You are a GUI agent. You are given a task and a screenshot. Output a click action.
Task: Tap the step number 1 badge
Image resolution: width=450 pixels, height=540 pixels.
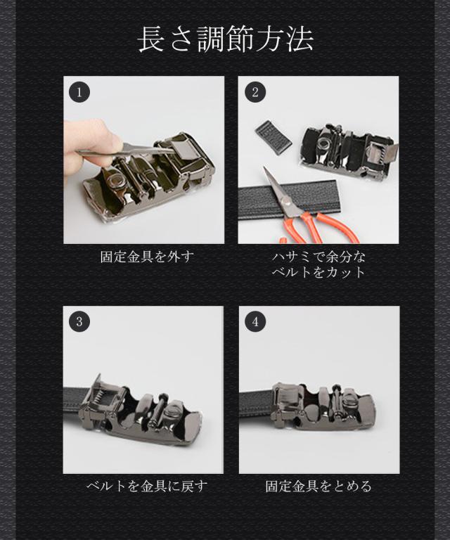tap(79, 92)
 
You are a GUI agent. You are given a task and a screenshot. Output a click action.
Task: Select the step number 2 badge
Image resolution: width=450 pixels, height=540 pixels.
tap(255, 92)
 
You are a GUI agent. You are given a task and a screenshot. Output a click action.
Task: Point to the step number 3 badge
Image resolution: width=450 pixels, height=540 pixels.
tap(79, 321)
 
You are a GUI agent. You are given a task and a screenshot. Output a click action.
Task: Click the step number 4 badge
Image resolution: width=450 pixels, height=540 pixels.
tap(255, 321)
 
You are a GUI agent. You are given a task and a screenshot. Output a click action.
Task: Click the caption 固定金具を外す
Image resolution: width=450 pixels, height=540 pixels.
tap(148, 257)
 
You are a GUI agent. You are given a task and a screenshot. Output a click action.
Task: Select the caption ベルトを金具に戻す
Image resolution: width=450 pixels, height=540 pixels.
tap(148, 487)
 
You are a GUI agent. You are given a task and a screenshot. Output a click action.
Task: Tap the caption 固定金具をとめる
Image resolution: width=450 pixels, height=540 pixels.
tap(319, 487)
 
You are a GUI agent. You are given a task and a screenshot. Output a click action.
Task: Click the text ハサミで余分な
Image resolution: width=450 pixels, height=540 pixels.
tap(319, 257)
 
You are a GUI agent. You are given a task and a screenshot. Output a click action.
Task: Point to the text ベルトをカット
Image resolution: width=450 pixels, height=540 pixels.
tap(319, 272)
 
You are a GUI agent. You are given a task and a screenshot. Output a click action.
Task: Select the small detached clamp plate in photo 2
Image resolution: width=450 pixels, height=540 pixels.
tap(274, 137)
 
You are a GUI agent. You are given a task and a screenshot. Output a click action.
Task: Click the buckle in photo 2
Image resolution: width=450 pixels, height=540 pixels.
tap(348, 150)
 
